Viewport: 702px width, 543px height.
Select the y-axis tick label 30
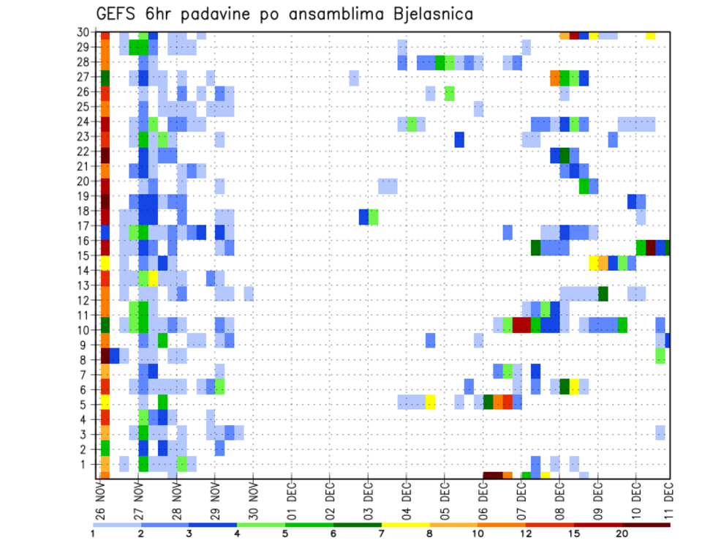85,32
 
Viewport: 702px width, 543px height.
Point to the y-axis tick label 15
85,256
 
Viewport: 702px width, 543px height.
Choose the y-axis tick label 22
85,151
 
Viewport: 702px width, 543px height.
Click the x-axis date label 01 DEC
292,501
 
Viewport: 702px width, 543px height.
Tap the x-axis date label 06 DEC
483,501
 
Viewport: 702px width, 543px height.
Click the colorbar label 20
622,533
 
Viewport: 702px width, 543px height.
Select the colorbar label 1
94,533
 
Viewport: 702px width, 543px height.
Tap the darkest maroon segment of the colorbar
646,525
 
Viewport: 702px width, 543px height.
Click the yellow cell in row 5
430,402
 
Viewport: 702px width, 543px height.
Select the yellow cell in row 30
651,35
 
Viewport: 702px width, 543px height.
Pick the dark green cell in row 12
603,293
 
